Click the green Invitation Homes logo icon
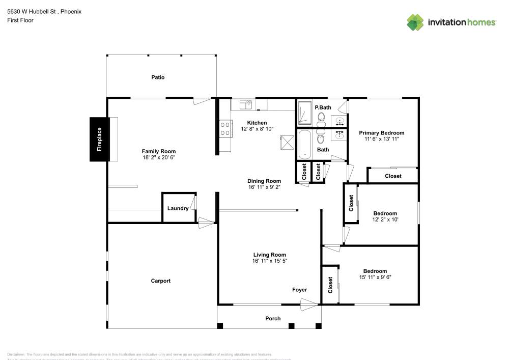415,22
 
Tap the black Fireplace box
99,140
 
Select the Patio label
158,77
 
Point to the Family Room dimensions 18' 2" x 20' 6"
159,158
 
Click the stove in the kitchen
224,128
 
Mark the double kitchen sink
246,104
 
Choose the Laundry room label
178,208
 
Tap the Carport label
161,281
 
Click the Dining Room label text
264,181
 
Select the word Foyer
299,290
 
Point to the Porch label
273,319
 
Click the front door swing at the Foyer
308,305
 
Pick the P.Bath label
323,107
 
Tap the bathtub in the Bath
305,144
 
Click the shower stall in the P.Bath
305,113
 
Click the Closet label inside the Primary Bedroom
393,176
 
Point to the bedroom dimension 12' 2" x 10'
385,220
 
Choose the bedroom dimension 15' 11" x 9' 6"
375,278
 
